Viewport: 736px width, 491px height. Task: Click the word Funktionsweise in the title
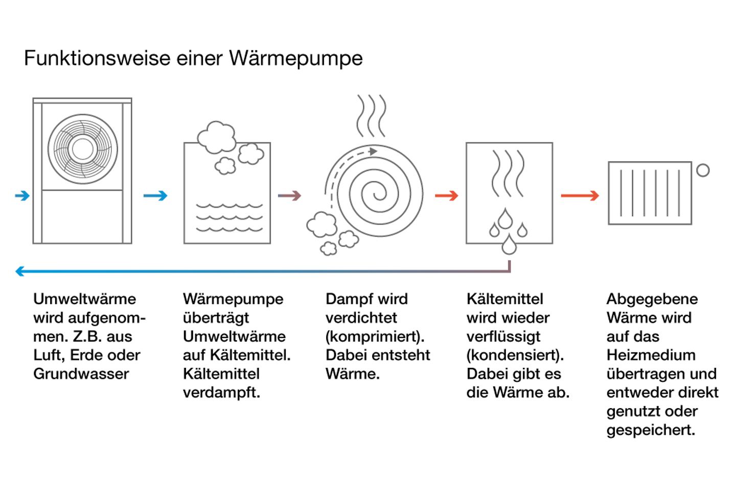pos(97,58)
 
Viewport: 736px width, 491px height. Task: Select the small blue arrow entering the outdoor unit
pos(22,196)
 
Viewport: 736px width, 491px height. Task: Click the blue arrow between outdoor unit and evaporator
pos(155,196)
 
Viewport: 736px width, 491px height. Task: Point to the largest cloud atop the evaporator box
pos(217,137)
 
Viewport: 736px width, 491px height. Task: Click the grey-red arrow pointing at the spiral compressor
pos(289,196)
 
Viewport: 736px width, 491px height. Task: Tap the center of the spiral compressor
pos(380,192)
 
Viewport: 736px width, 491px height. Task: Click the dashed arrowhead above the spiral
pos(373,151)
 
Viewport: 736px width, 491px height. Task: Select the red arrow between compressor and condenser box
pos(447,196)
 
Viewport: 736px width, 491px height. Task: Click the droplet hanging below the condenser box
pos(509,244)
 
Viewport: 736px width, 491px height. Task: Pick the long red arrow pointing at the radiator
pos(580,196)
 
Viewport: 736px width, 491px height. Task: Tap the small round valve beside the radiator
pos(703,170)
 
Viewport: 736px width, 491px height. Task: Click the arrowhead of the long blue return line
pos(20,271)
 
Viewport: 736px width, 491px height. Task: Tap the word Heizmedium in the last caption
pos(651,355)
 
